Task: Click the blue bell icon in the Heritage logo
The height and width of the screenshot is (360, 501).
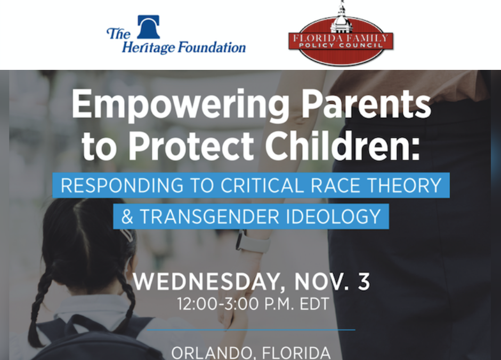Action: coord(148,27)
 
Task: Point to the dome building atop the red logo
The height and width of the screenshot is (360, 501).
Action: coord(341,16)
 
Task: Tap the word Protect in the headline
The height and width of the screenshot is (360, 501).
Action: coord(203,145)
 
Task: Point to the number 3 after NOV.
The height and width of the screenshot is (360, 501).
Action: coord(363,282)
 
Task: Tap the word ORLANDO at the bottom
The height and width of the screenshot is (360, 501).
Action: coord(210,353)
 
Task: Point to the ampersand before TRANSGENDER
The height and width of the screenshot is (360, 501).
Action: coord(127,217)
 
